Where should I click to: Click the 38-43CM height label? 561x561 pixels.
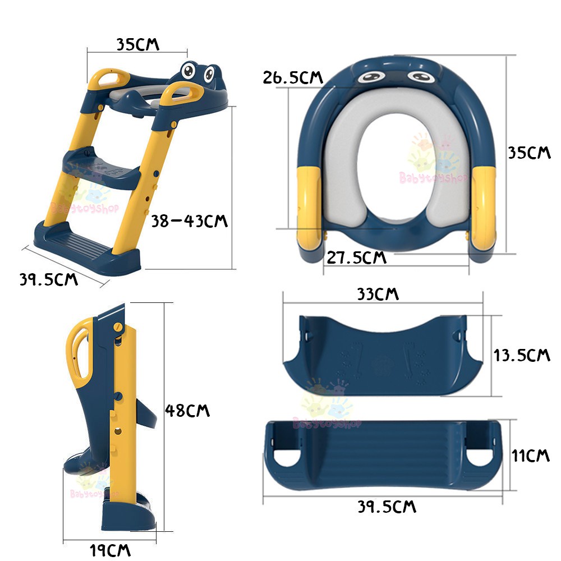point(189,220)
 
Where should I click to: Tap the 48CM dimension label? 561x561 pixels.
point(187,411)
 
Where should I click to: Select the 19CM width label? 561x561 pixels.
point(110,550)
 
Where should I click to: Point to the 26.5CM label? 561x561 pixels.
point(293,77)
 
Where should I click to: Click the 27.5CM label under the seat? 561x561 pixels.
point(357,257)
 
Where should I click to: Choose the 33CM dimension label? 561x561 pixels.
point(378,294)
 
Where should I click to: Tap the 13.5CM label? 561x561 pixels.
point(522,355)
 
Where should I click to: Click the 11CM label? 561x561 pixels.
point(530,456)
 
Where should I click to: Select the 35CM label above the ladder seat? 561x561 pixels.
point(138,44)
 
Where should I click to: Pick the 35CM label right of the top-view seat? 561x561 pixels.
point(529,153)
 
